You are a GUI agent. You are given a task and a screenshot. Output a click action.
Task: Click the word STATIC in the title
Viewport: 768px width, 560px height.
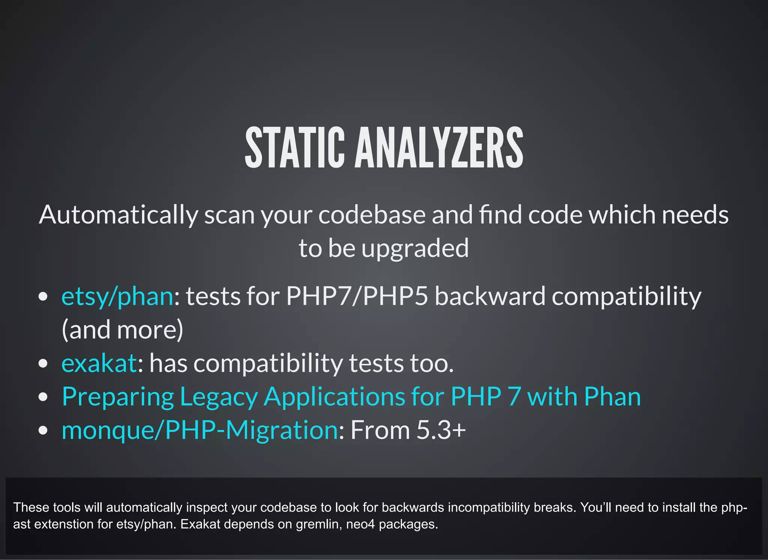tap(294, 147)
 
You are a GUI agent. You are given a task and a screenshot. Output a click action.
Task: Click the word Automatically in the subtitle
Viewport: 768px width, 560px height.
tap(118, 215)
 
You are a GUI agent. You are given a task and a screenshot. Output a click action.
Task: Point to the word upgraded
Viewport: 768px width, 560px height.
tap(415, 248)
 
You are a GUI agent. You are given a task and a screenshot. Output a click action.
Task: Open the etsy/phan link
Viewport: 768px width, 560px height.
tap(117, 296)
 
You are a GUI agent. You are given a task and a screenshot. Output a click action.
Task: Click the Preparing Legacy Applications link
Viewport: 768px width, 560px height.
tap(351, 396)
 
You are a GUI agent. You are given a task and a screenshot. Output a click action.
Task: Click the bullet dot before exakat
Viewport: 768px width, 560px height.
tap(43, 364)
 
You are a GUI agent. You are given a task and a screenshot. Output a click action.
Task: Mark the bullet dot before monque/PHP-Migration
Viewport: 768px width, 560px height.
tap(43, 431)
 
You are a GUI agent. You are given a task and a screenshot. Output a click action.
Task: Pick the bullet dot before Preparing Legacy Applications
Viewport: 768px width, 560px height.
tap(43, 397)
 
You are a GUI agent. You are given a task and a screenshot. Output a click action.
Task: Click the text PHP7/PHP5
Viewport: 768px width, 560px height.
tap(357, 296)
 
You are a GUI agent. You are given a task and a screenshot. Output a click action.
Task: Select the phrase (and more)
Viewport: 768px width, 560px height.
tap(122, 330)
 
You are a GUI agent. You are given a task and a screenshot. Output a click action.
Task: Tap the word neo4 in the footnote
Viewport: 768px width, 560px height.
tap(360, 524)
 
